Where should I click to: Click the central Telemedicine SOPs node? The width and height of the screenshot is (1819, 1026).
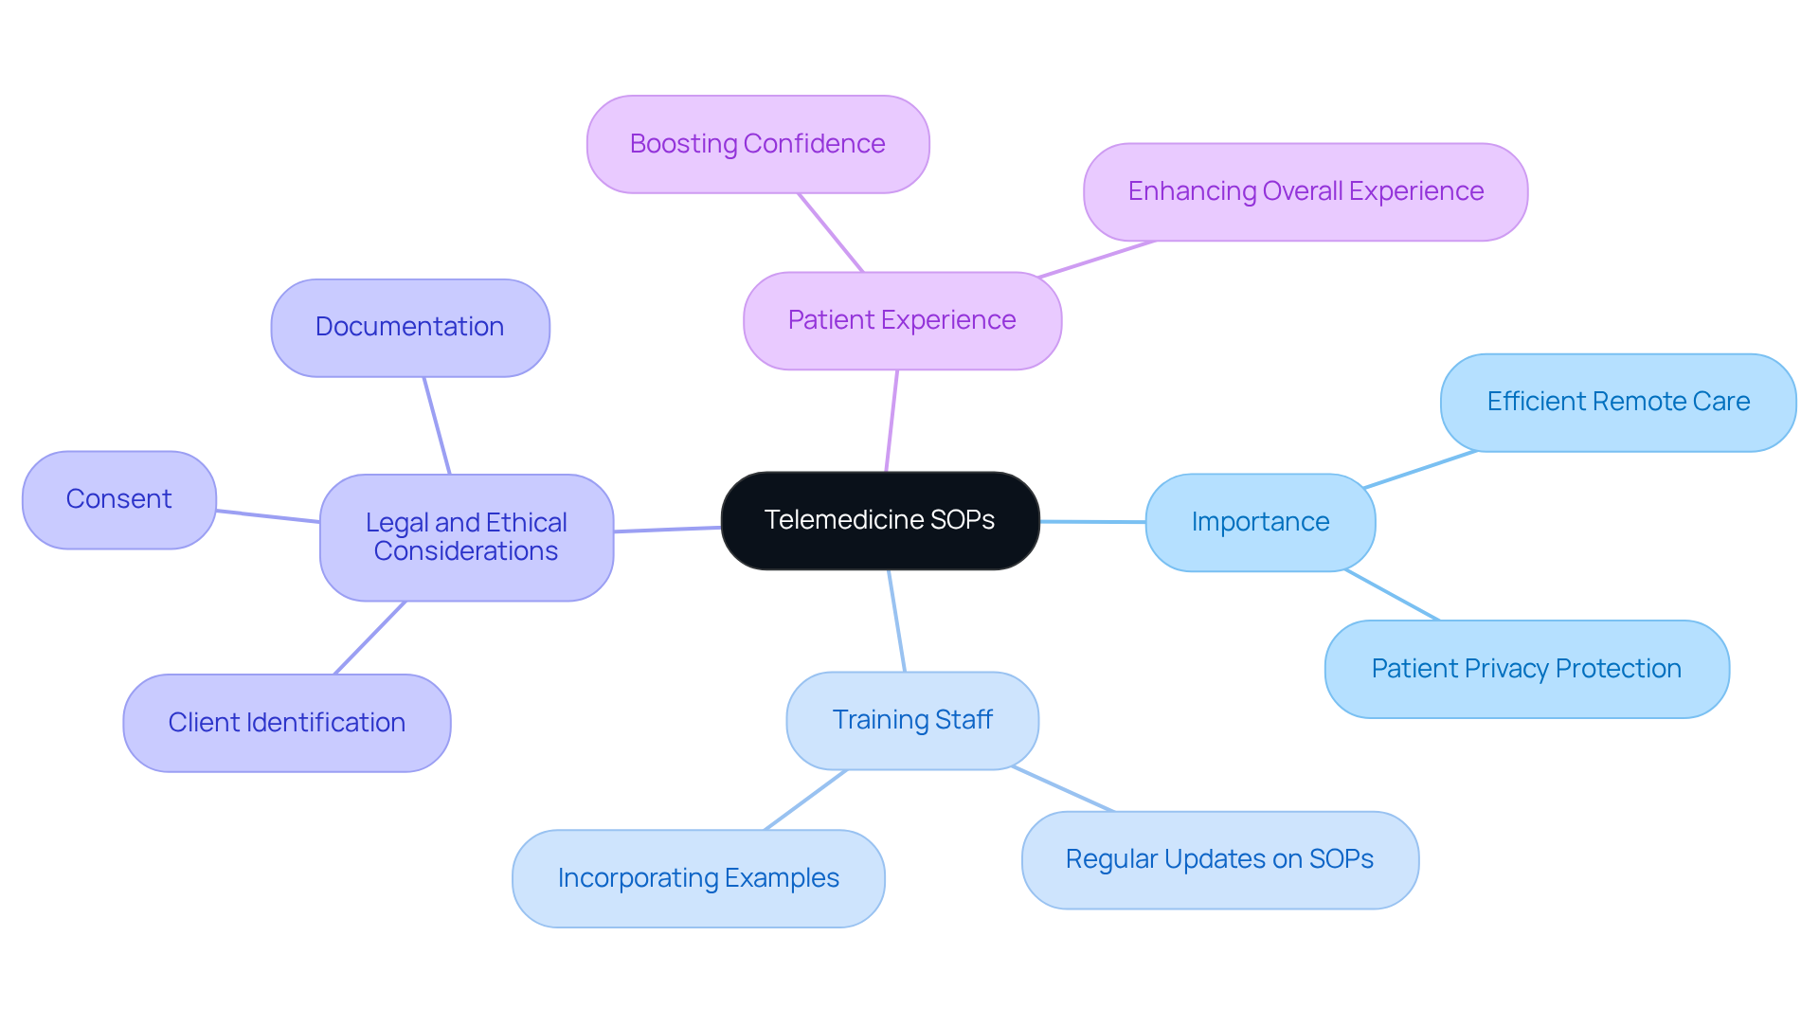[879, 520]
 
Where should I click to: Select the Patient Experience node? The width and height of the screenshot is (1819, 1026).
[902, 320]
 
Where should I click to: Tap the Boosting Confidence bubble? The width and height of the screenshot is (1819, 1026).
[757, 144]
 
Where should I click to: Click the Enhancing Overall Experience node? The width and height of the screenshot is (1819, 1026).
[1305, 191]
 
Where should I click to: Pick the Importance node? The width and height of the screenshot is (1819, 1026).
[1260, 522]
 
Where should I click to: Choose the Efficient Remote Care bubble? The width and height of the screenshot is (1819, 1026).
[1617, 402]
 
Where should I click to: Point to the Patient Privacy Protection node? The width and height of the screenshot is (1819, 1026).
[1526, 669]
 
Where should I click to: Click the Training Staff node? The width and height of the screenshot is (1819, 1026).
[911, 720]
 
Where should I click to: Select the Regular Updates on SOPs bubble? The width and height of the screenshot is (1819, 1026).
[1219, 859]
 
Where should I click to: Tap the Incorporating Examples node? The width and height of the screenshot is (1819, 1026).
[698, 878]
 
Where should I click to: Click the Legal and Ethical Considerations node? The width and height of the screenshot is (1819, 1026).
[466, 537]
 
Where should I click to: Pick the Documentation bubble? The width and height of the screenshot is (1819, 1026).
[409, 327]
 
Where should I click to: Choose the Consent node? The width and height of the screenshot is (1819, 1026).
[118, 499]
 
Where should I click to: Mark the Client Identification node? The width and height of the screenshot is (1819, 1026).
[286, 723]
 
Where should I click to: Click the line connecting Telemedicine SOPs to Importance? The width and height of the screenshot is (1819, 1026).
[1092, 521]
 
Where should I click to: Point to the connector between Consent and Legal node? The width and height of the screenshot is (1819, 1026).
[268, 516]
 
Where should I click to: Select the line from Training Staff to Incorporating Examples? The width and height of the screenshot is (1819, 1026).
[805, 800]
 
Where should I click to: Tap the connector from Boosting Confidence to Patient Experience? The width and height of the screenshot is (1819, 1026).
[831, 233]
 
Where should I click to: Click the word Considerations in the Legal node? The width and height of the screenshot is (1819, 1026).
[466, 551]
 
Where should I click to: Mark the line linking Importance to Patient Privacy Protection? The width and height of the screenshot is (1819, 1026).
[1392, 595]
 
